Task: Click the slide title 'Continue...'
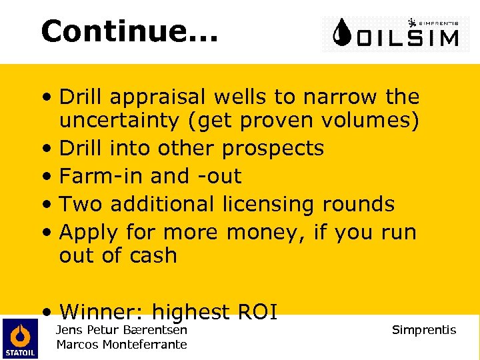coord(129,31)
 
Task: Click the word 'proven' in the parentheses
coord(280,122)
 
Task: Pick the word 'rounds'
coord(361,204)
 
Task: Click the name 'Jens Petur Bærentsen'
coord(121,329)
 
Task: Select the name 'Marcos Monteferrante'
coord(121,344)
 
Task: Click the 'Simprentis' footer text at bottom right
coord(423,330)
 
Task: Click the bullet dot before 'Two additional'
coord(45,205)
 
